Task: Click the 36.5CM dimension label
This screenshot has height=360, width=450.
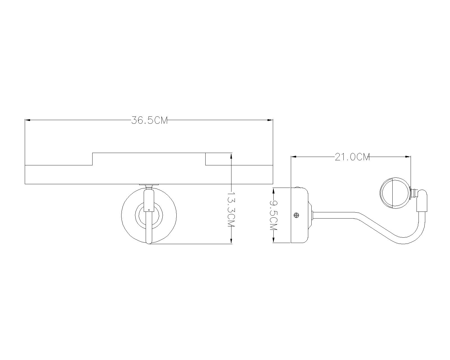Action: point(149,120)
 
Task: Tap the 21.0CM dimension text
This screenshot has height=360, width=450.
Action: point(352,157)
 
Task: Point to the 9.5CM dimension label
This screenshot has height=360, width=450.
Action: point(273,215)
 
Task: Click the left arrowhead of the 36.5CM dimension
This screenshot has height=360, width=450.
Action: point(28,120)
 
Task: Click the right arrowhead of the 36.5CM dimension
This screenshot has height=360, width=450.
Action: point(270,120)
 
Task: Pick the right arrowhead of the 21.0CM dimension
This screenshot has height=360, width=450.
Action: point(408,156)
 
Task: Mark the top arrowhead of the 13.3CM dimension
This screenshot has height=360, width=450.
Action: point(231,156)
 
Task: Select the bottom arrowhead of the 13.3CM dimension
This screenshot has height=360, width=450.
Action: point(231,241)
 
